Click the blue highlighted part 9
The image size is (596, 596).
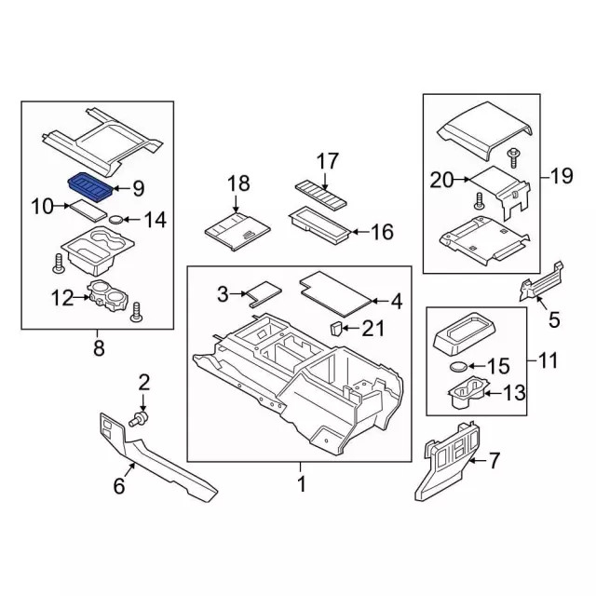[91, 185]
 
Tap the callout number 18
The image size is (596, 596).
[238, 183]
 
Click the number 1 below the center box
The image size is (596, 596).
[301, 485]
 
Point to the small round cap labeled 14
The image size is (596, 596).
[115, 220]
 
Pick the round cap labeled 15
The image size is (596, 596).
[458, 368]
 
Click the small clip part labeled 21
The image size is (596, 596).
[336, 328]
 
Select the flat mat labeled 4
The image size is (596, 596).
[335, 290]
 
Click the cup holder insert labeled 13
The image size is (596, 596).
[467, 395]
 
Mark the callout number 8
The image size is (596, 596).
[101, 349]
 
